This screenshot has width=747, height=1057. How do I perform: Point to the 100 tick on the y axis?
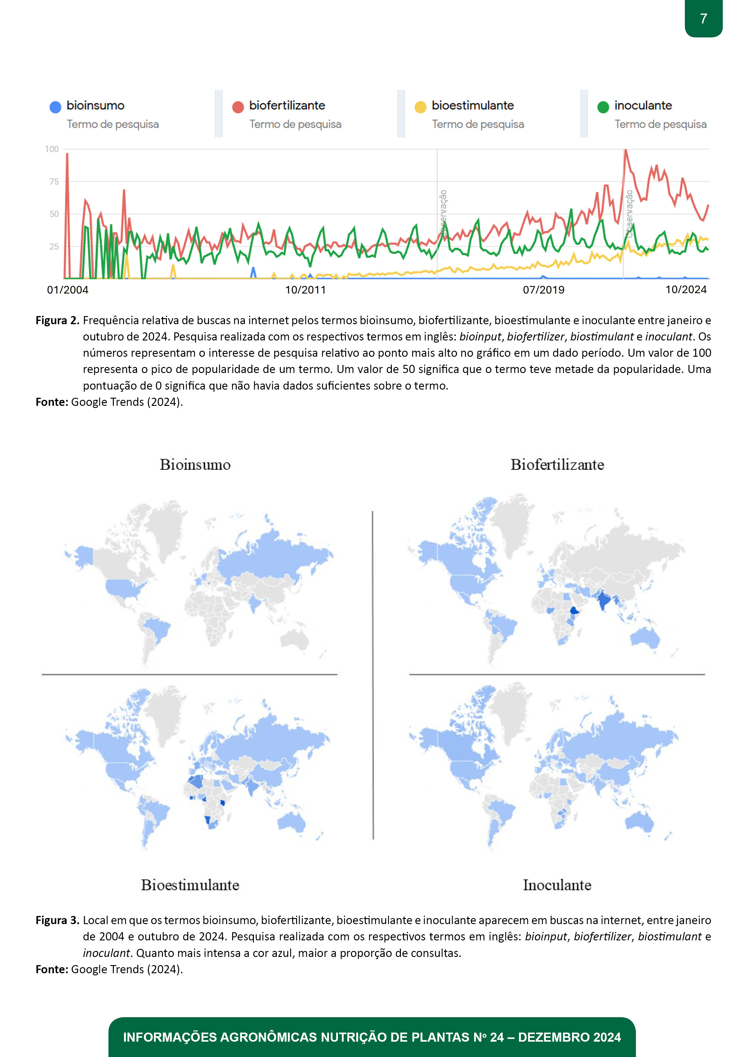pyautogui.click(x=52, y=149)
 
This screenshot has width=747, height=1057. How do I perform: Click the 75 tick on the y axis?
pyautogui.click(x=54, y=182)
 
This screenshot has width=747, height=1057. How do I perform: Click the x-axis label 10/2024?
pyautogui.click(x=686, y=290)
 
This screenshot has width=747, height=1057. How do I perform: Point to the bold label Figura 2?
pyautogui.click(x=58, y=320)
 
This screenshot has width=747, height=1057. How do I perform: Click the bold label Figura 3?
pyautogui.click(x=58, y=920)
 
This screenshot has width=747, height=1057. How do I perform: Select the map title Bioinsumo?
pyautogui.click(x=195, y=465)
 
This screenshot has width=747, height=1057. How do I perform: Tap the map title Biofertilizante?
pyautogui.click(x=557, y=465)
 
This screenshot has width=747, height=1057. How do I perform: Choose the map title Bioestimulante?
pyautogui.click(x=190, y=885)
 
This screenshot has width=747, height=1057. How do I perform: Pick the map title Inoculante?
pyautogui.click(x=557, y=885)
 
